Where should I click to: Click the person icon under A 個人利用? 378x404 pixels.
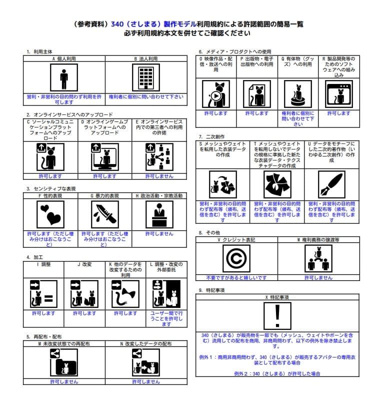point(64,78)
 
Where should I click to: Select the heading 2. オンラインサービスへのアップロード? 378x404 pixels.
point(70,114)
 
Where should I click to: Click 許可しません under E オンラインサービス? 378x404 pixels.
point(159,176)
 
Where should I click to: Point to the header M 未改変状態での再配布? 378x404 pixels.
point(64,344)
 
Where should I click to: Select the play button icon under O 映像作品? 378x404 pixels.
point(215,94)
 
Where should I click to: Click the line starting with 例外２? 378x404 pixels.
point(276,373)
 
